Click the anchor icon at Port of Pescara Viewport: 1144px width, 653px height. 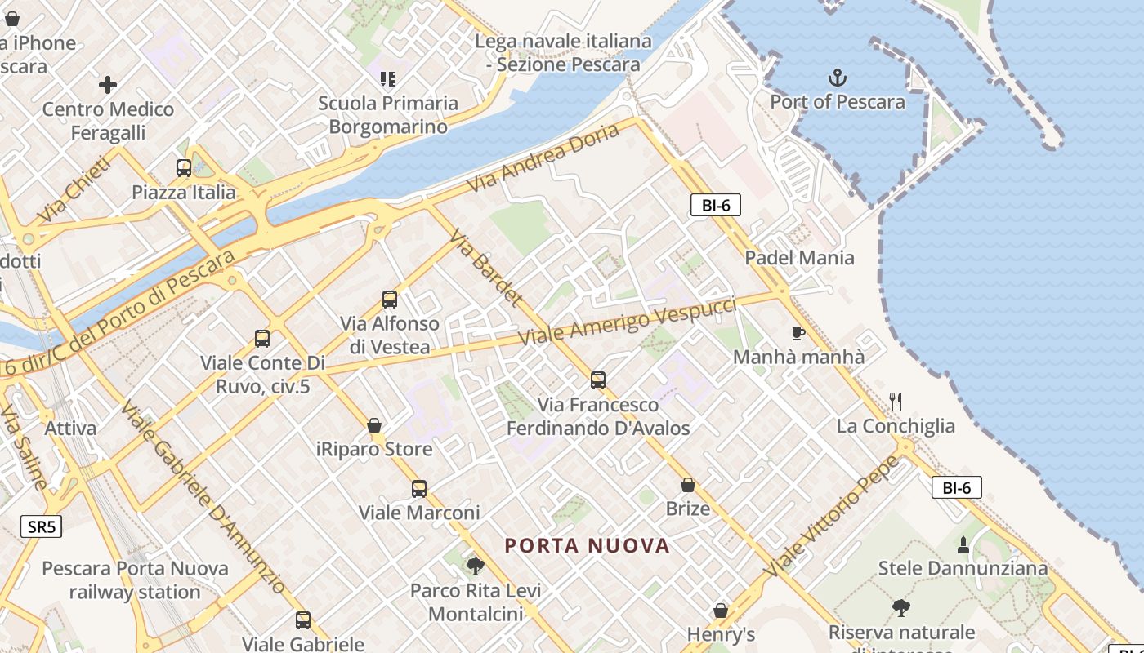click(838, 78)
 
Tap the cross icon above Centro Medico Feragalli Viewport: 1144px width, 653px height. click(108, 85)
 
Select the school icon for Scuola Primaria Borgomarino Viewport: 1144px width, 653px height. click(388, 79)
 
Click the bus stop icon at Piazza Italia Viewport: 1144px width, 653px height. click(184, 168)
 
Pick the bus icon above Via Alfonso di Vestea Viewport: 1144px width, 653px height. click(390, 300)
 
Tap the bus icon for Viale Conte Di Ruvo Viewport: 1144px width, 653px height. click(262, 339)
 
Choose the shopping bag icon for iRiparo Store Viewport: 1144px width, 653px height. click(374, 425)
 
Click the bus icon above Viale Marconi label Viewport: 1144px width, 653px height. click(419, 489)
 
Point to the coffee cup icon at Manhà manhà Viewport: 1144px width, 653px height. click(798, 333)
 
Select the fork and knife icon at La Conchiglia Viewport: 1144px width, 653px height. click(896, 401)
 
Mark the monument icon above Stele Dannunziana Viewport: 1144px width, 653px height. click(963, 544)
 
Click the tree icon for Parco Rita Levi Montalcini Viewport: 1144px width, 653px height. click(475, 566)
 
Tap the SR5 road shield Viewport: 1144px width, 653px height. click(41, 526)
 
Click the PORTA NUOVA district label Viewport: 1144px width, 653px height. click(588, 545)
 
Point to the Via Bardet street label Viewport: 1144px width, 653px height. click(485, 267)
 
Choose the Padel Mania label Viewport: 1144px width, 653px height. click(799, 258)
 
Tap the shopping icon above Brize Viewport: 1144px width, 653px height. click(688, 485)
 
